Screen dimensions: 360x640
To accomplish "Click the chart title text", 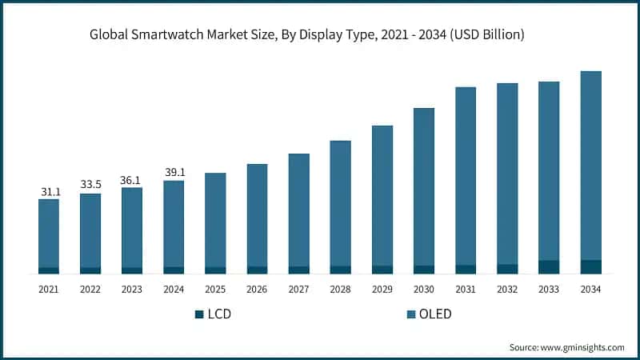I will point(320,34).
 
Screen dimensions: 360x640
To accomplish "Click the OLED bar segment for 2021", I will point(49,233).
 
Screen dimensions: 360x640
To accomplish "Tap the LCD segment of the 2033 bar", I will point(549,267).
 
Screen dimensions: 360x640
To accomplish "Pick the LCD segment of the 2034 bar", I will point(590,267).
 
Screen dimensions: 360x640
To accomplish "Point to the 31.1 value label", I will point(49,192).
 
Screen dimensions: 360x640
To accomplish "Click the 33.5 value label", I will point(90,185).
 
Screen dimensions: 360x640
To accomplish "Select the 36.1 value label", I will point(132,180).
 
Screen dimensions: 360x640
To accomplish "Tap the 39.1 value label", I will point(174,173).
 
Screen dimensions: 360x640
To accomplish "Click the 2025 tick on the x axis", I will point(215,289).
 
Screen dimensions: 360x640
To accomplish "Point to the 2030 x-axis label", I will point(424,289).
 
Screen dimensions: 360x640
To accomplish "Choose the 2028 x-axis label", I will point(341,289).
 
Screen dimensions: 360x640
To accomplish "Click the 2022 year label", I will point(90,289).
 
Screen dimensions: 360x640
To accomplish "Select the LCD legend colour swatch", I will point(199,314).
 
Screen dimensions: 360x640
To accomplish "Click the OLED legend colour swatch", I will point(411,314).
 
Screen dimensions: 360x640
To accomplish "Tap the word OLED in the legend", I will point(436,314).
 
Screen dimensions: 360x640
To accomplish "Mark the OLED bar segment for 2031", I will point(466,176).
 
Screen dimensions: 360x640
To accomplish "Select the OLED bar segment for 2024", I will point(174,223).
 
